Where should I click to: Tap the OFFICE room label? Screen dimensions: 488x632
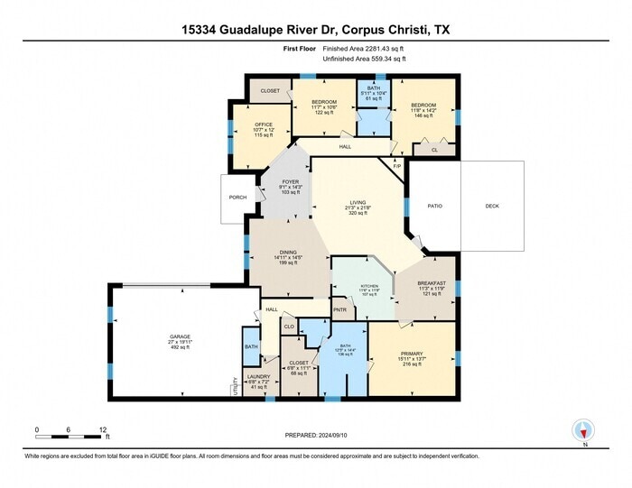tap(264, 124)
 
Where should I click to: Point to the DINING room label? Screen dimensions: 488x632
tap(288, 253)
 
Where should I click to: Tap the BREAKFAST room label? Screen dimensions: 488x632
tap(432, 283)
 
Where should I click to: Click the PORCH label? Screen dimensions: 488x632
tap(238, 198)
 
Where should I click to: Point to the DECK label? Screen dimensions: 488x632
tap(492, 207)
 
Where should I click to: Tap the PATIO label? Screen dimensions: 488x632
tap(435, 207)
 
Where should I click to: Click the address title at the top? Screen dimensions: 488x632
tap(316, 29)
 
